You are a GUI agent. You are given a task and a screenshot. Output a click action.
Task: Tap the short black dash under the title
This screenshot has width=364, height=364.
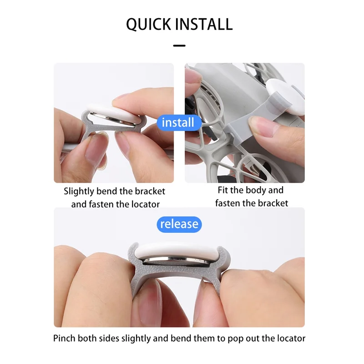(179, 45)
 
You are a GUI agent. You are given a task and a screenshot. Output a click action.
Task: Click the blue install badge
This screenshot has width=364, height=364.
(178, 122)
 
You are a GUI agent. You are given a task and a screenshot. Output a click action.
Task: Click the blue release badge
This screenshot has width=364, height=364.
(179, 224)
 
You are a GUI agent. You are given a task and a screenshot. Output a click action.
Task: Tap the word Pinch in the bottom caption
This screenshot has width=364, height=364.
(65, 338)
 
